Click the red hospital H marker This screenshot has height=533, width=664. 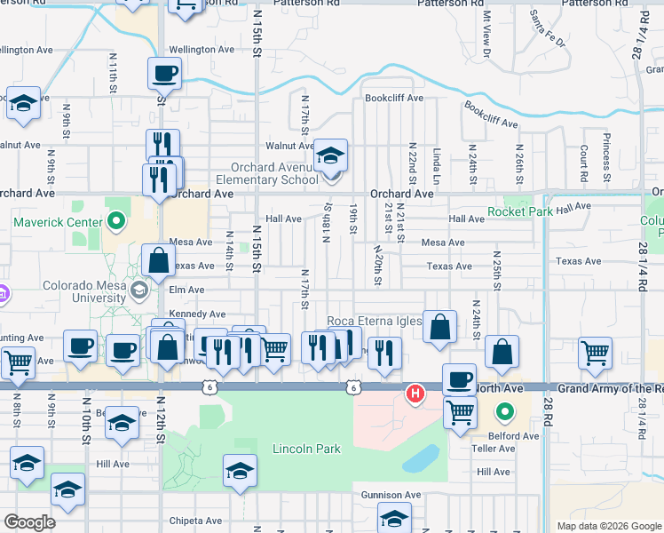[x=414, y=394]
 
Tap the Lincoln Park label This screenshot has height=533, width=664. [x=307, y=449]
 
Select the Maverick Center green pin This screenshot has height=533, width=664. [x=115, y=219]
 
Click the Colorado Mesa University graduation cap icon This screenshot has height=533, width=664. [x=139, y=290]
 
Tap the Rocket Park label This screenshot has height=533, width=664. [x=519, y=211]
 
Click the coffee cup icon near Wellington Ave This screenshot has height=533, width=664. [x=165, y=74]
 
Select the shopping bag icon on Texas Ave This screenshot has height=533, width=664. [x=157, y=261]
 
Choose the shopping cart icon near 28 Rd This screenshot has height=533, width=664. [x=595, y=353]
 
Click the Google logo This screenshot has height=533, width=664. [x=29, y=522]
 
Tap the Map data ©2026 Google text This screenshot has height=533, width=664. [x=608, y=526]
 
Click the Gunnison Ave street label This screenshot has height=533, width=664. [x=391, y=495]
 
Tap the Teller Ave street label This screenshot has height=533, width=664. [x=495, y=449]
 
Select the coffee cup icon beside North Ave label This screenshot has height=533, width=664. [x=459, y=380]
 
